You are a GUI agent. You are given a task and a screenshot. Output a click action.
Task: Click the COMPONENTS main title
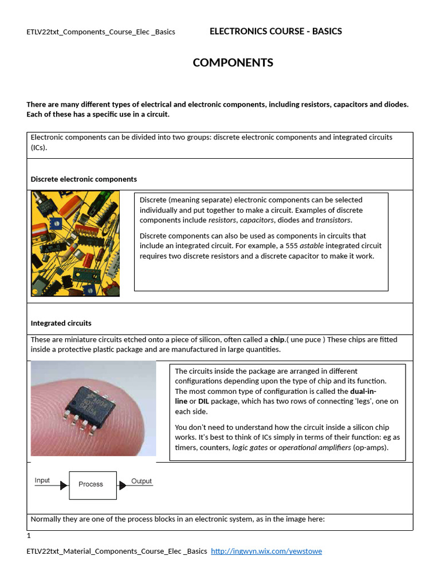pos(233,63)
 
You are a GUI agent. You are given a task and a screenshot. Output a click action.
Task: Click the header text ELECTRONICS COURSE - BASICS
pos(276,32)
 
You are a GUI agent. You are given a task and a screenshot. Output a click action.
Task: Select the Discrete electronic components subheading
pos(84,179)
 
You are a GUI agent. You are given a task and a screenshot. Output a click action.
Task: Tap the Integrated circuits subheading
pos(61,323)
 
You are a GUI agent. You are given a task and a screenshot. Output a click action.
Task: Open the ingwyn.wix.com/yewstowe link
pos(266,551)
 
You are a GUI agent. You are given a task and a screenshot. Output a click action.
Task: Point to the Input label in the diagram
pos(42,480)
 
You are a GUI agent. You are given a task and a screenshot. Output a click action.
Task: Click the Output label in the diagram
pos(142,481)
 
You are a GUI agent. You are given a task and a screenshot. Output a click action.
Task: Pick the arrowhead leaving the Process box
pos(122,486)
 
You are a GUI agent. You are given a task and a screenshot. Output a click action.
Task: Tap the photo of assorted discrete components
pos(75,243)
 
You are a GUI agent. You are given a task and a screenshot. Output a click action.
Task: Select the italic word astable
pos(312,246)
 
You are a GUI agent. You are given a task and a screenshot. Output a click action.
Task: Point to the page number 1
pos(28,536)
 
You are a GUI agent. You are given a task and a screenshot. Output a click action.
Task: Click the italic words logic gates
pos(250,448)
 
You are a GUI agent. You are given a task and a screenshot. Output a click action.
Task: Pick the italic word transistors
pos(333,220)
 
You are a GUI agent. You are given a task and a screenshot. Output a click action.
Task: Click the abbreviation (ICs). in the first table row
pos(40,147)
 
